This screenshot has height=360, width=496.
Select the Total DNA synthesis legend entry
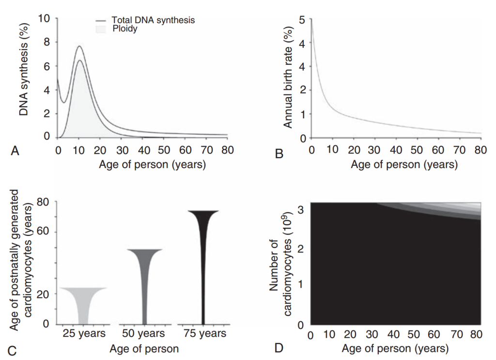point(153,21)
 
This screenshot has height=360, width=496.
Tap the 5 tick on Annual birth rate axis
point(302,20)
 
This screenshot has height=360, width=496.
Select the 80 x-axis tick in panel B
point(480,150)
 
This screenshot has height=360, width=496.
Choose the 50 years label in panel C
point(144,334)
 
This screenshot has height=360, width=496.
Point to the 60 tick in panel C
point(48,232)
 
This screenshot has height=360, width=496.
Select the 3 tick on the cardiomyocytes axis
point(301,209)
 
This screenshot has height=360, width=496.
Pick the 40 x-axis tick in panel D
point(394,335)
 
